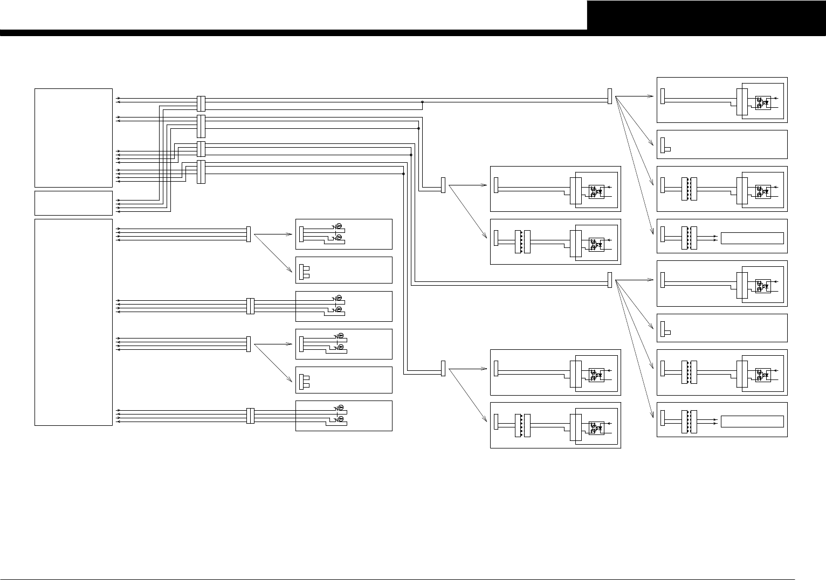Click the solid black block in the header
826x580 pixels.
(706, 15)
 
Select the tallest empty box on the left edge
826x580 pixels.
(73, 322)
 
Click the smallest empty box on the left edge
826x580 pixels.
(73, 203)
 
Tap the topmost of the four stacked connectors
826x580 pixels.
(201, 103)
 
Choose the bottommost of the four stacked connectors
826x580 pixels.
(201, 171)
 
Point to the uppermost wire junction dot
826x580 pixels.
(422, 101)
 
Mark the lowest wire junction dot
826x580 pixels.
(403, 174)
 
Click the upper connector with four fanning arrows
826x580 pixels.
(610, 96)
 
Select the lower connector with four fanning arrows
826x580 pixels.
(610, 280)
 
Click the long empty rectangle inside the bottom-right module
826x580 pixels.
(752, 422)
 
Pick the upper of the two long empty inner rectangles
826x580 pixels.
(752, 238)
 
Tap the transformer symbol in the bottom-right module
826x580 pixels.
(690, 419)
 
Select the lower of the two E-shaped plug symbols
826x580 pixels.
(304, 382)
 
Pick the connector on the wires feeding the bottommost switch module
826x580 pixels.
(250, 416)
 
